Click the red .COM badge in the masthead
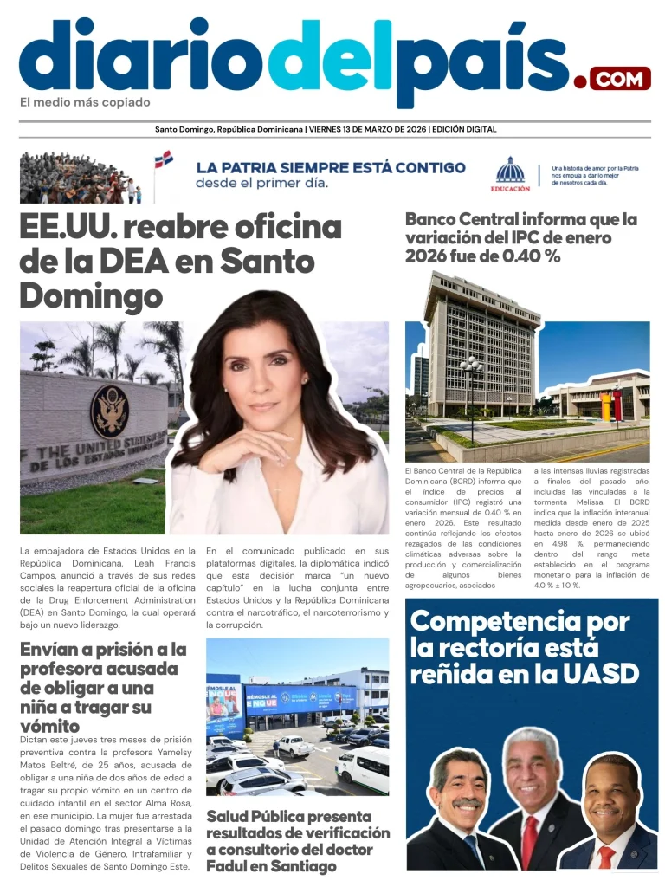(x=620, y=80)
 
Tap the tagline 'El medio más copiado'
(x=85, y=102)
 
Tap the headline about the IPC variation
(x=520, y=237)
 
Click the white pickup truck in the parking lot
(x=295, y=744)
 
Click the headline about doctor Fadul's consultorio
(x=297, y=840)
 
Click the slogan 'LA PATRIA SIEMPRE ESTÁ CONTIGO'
(x=330, y=167)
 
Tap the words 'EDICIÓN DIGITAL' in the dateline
(x=465, y=130)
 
